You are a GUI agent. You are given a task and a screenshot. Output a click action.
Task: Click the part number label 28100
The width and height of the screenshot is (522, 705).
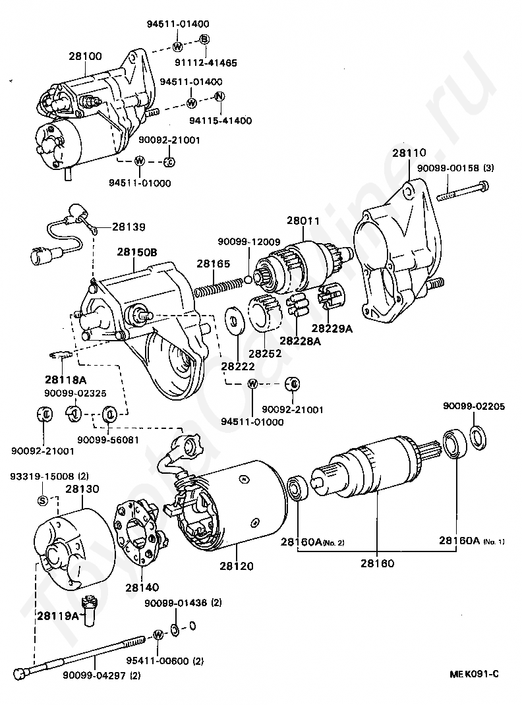click(x=86, y=56)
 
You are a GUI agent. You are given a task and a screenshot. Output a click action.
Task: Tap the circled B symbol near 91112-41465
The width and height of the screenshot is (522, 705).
click(x=204, y=40)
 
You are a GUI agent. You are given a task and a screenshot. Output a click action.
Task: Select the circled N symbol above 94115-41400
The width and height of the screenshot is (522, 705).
click(x=219, y=96)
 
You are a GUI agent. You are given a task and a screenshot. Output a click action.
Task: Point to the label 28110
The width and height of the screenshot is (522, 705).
click(x=409, y=152)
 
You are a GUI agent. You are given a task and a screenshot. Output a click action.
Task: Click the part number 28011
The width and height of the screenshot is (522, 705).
click(x=303, y=221)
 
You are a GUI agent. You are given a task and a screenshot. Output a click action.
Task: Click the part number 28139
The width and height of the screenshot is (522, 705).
click(x=129, y=227)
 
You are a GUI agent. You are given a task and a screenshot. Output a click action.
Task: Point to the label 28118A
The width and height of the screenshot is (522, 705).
click(x=66, y=380)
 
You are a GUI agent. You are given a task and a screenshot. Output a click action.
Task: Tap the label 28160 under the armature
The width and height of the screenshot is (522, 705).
click(x=377, y=563)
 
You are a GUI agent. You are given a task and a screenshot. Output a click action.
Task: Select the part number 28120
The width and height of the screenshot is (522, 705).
click(x=237, y=565)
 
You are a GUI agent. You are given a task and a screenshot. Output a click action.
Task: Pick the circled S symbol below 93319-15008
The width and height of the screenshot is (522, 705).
click(x=42, y=500)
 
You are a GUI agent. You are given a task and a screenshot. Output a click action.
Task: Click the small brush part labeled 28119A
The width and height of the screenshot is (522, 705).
click(x=90, y=609)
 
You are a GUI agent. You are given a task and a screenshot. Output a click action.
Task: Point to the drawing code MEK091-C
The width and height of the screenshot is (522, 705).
click(x=474, y=674)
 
